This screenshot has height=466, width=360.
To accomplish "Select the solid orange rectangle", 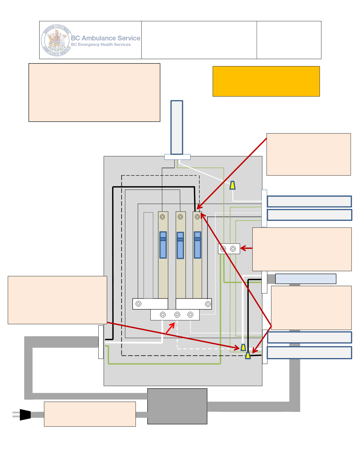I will click(x=266, y=81).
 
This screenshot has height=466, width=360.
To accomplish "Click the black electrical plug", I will click(x=25, y=415).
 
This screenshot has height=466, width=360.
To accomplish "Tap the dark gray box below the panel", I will click(x=177, y=406).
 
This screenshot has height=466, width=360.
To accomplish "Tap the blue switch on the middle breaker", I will click(x=180, y=245).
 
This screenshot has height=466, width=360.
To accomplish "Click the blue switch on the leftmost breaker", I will click(x=163, y=245).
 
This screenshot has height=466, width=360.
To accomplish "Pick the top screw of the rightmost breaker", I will click(x=197, y=217).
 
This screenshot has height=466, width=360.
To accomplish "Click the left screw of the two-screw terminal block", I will click(x=223, y=249).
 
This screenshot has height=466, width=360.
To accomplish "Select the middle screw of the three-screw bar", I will click(x=177, y=315).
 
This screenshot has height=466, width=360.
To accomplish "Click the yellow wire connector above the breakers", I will click(x=232, y=185).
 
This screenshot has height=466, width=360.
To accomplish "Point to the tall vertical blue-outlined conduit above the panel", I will click(x=177, y=127).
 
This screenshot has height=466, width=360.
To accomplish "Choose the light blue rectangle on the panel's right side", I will click(x=306, y=279).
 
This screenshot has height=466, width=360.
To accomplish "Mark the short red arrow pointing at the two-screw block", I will click(x=246, y=248).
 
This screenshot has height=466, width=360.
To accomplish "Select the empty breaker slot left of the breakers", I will click(x=148, y=255).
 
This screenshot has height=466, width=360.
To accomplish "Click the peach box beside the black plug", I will click(x=90, y=414).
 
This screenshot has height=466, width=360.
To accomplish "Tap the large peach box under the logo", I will click(x=94, y=92).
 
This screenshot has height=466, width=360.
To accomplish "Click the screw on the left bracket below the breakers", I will click(x=138, y=304).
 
